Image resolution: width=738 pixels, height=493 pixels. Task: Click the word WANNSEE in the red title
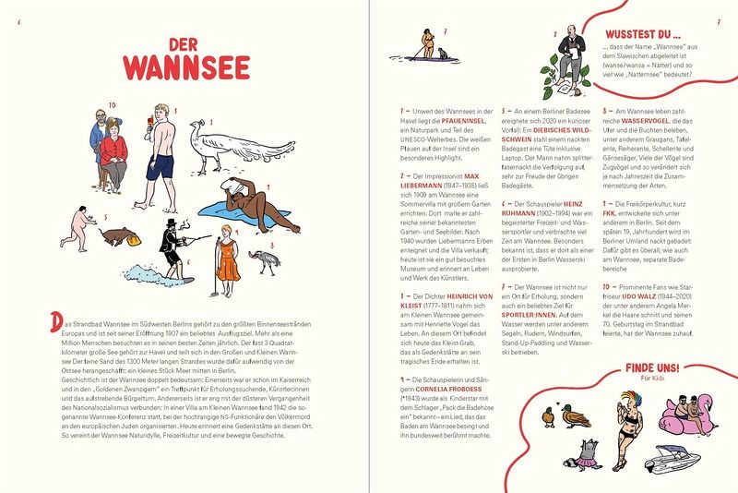tap(187, 68)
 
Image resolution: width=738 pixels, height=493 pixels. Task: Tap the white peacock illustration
tap(240, 145)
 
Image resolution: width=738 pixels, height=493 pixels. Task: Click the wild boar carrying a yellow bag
tap(120, 236)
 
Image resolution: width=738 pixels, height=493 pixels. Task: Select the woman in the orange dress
tap(228, 259)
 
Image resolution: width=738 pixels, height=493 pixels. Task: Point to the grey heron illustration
tap(265, 262)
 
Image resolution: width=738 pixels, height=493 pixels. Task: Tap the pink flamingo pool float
tap(687, 415)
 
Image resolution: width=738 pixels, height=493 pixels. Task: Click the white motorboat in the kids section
tap(673, 457)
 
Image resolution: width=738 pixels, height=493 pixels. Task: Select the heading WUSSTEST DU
tap(642, 34)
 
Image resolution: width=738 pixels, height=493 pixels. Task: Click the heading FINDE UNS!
tap(652, 367)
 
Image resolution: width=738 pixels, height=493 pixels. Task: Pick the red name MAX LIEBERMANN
tap(439, 181)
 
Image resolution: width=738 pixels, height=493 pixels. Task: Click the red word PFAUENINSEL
tap(463, 121)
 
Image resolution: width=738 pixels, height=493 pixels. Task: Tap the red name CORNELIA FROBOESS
tap(448, 389)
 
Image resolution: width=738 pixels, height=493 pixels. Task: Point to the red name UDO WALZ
tap(638, 296)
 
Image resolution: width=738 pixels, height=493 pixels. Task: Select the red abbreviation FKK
tap(609, 213)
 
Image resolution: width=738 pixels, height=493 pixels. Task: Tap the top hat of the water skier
tap(172, 222)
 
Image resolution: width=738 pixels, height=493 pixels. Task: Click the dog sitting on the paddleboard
tap(443, 54)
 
